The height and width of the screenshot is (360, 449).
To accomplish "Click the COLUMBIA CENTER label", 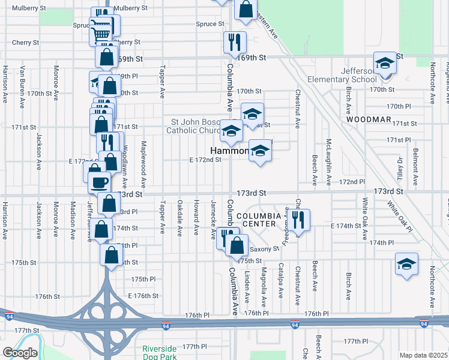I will (258, 220).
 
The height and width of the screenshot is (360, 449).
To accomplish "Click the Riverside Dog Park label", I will (159, 353).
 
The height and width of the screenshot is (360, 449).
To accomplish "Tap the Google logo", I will (20, 352).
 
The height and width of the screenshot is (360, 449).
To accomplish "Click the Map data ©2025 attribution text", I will (423, 355).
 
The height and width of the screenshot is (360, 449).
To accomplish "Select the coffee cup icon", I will (100, 181).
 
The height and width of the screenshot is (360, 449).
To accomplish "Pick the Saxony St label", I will (264, 248).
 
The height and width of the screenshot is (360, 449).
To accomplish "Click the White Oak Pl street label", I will (400, 215).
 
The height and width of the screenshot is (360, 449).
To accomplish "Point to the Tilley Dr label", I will (399, 167).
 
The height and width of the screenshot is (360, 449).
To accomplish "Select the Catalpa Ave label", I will (280, 284).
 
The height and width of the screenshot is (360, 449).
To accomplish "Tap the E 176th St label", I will (142, 296).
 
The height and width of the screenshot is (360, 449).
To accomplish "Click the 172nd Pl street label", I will (352, 181).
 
